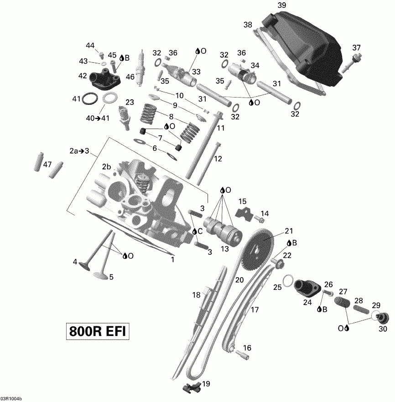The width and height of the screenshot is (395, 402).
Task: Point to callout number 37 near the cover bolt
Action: [x=356, y=47]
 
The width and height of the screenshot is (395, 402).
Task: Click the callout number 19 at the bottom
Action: [x=206, y=383]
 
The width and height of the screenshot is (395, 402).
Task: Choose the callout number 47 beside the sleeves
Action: [x=47, y=165]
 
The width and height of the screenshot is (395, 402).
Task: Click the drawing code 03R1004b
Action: [x=11, y=398]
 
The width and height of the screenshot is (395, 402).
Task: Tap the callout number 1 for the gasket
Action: [x=172, y=260]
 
